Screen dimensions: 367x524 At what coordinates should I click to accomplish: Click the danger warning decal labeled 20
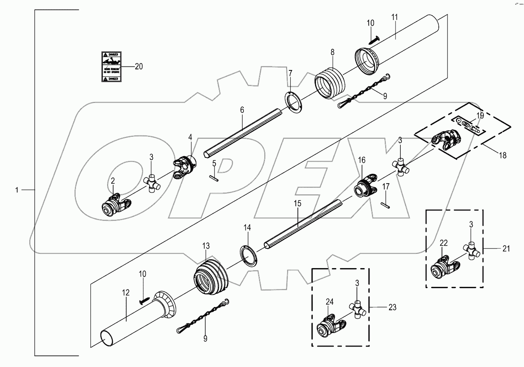tap(110, 66)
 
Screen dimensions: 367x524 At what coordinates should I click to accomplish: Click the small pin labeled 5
tap(215, 176)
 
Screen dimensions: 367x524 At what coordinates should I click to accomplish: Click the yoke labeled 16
tap(366, 185)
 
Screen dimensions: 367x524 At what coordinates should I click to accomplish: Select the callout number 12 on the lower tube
tap(126, 293)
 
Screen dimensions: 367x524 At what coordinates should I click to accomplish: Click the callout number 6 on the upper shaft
tap(243, 109)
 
